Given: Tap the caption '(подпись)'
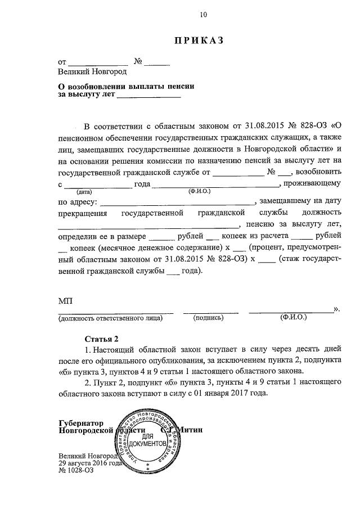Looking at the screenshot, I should pos(209,318).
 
